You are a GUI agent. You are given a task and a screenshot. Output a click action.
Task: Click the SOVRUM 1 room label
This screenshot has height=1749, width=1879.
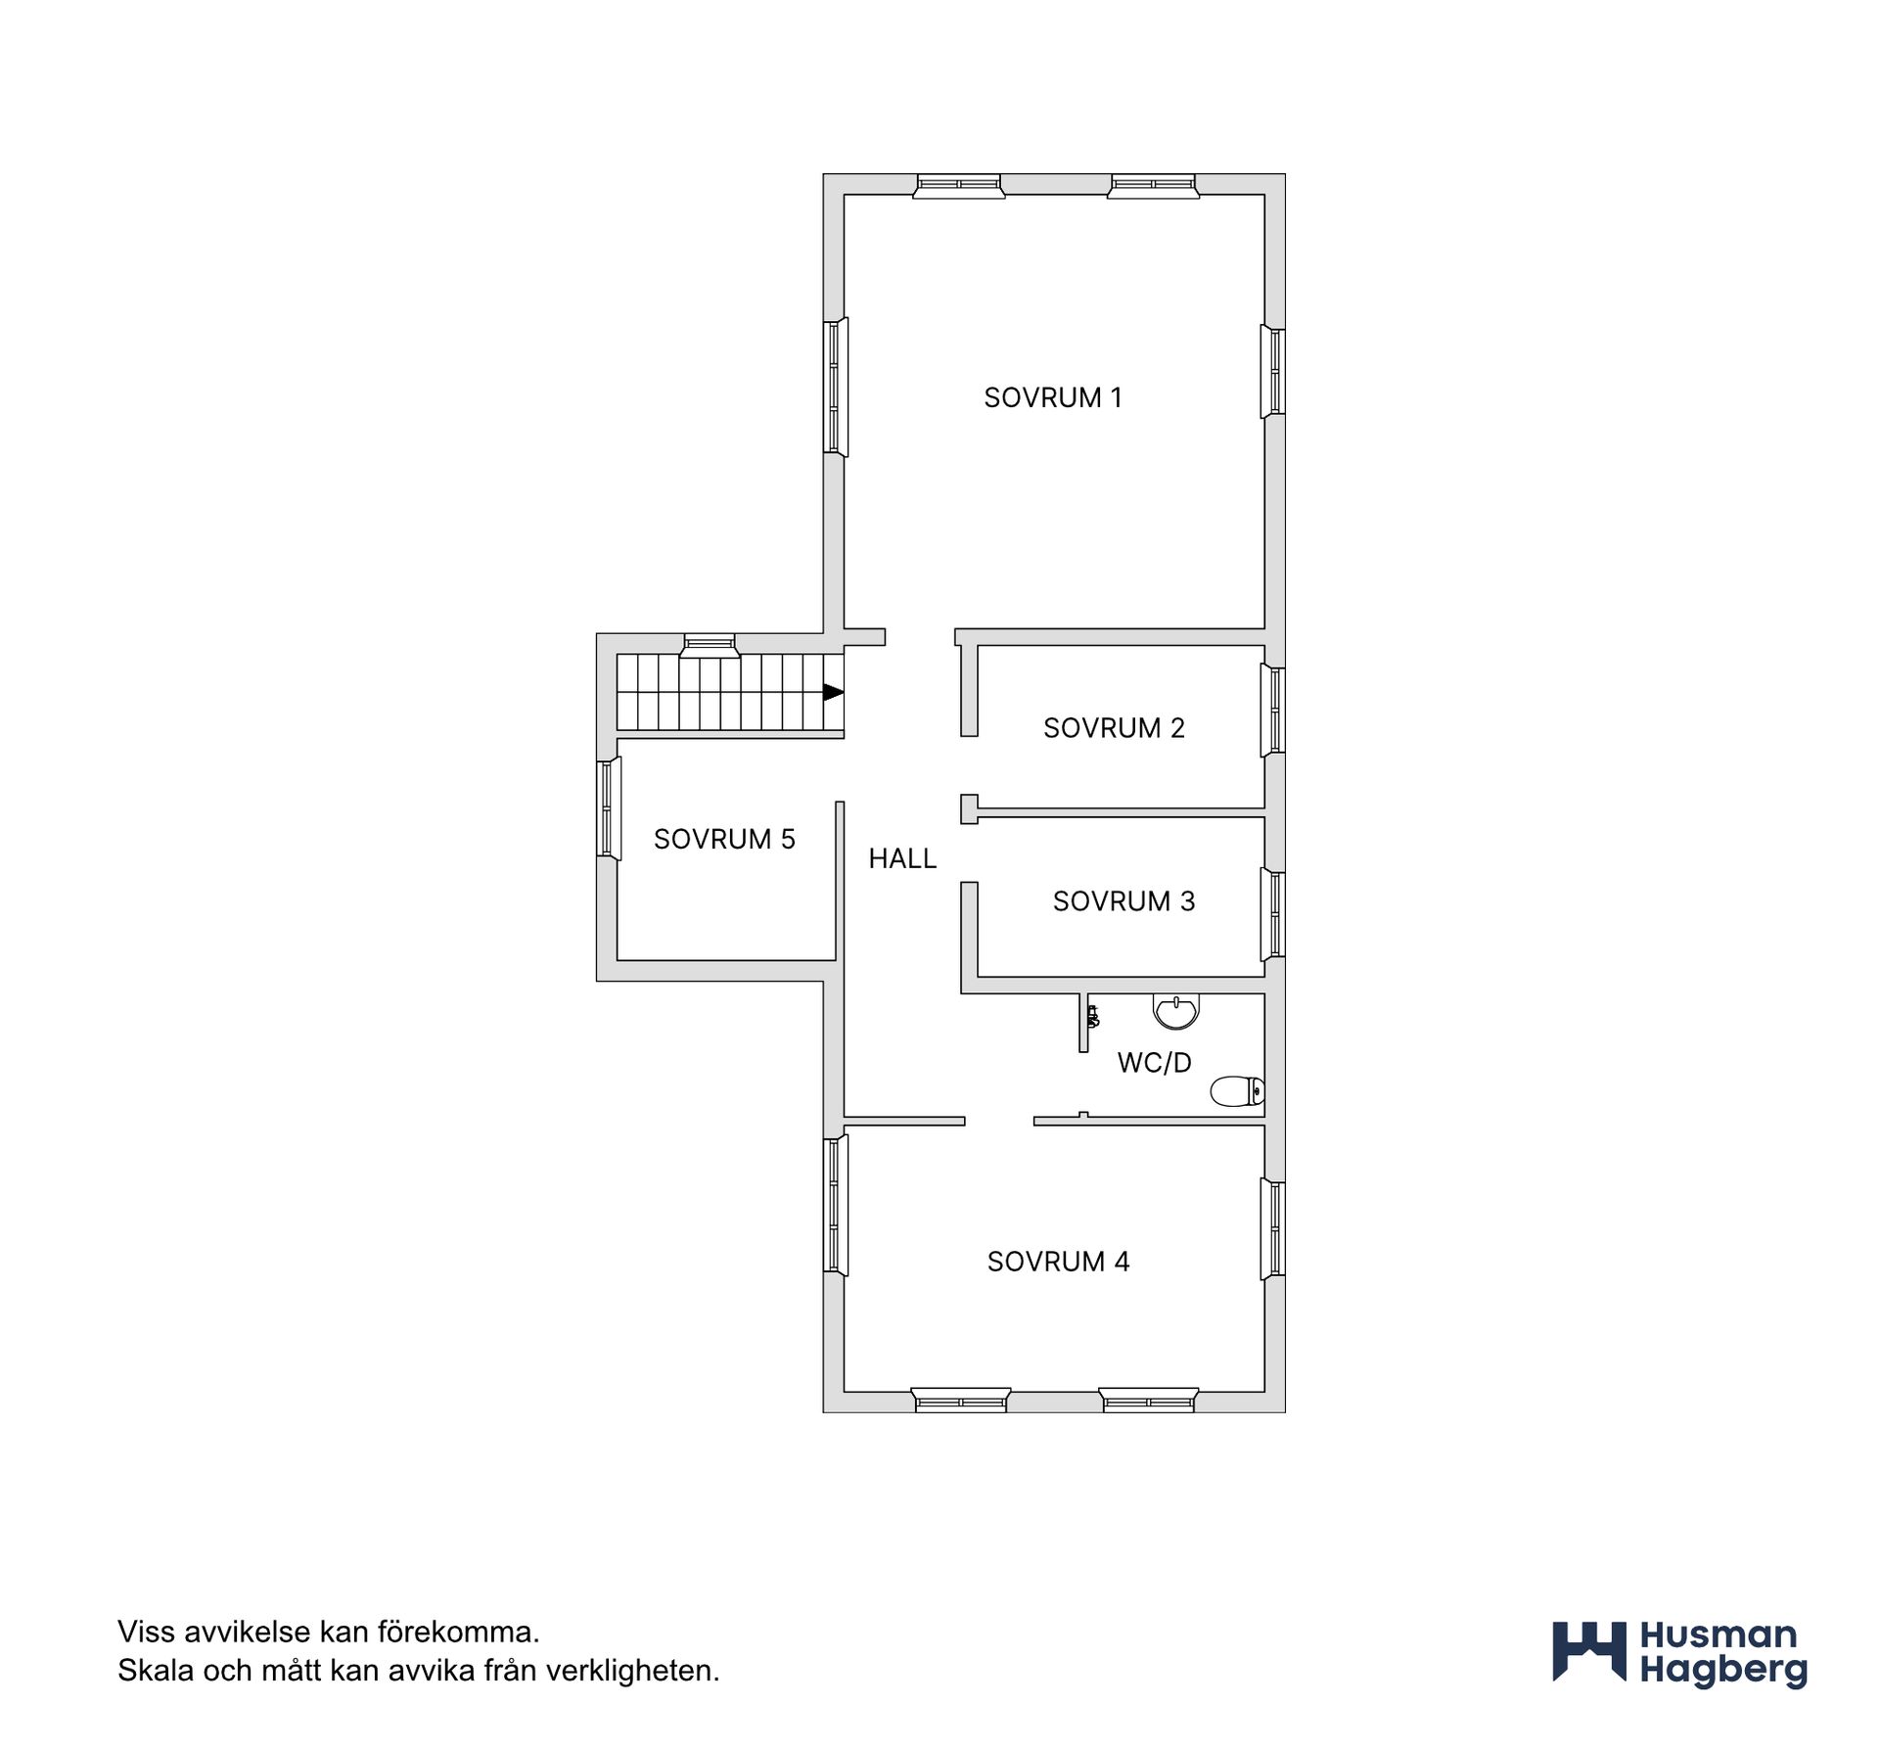point(1052,397)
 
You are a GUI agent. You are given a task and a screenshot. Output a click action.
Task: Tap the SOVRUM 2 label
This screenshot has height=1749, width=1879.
point(1114,728)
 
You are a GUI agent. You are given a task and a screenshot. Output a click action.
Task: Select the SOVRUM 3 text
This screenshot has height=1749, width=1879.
point(1123,901)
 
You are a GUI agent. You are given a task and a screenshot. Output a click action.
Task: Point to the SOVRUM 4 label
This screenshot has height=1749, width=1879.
point(1058,1262)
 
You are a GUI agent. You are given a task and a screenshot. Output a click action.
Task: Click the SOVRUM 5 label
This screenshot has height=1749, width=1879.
point(724,839)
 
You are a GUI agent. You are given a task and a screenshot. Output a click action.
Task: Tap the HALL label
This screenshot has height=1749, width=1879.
point(902,858)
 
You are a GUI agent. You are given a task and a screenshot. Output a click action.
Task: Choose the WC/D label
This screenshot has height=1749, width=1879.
point(1154,1063)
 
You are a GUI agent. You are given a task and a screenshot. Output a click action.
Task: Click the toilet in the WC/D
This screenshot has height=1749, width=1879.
point(1238,1091)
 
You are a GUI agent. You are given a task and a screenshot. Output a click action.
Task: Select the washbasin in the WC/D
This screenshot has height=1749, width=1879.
point(1175,1012)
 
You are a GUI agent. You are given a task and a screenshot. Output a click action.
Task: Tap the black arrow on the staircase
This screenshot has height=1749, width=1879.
point(833,692)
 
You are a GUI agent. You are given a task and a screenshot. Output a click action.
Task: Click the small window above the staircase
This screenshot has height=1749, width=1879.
point(709,643)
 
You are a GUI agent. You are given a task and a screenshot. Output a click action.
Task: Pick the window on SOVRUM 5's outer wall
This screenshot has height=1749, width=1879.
point(610,808)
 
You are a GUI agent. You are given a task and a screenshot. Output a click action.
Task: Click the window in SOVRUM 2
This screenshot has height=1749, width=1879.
point(1273,710)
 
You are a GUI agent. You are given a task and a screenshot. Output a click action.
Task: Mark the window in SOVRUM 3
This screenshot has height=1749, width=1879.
point(1273,914)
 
